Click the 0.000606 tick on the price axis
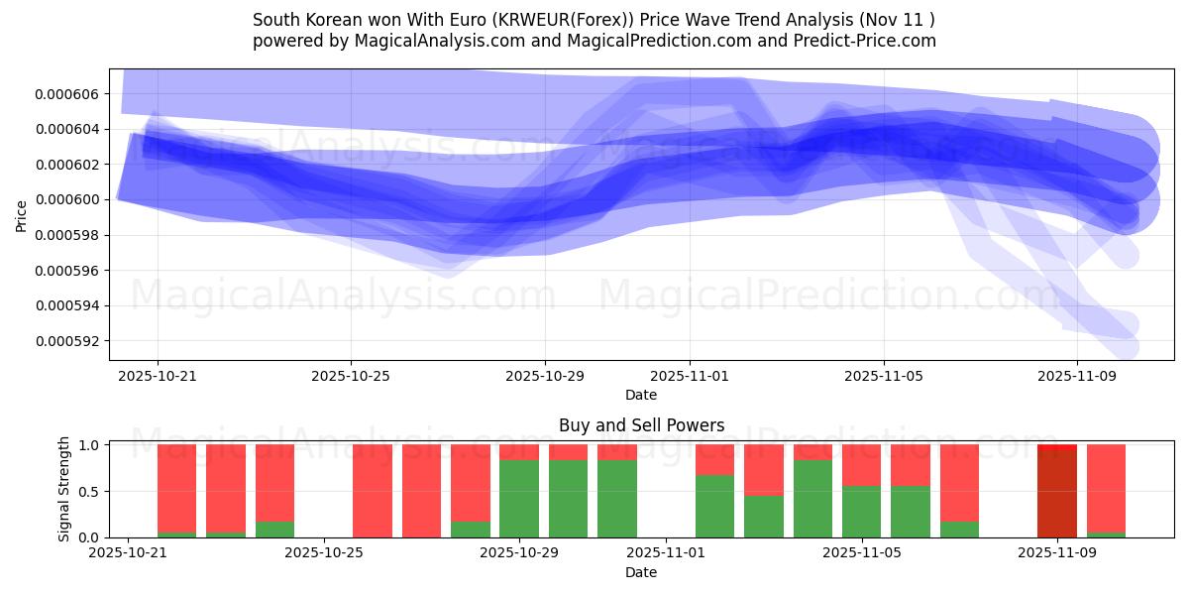point(69,94)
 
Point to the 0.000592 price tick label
point(69,341)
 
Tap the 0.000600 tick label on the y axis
point(69,200)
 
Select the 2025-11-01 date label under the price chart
point(690,377)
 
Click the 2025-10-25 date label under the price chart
point(351,377)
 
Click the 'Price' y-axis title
point(22,215)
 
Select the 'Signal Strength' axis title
point(64,489)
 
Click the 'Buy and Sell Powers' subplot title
point(641,425)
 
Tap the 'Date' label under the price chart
point(641,395)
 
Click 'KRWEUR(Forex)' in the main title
point(524,20)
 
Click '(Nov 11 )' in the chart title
point(898,20)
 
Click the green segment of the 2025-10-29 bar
point(519,499)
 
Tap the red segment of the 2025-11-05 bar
point(861,465)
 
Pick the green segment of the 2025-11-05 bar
point(861,512)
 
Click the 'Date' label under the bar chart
point(641,572)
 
